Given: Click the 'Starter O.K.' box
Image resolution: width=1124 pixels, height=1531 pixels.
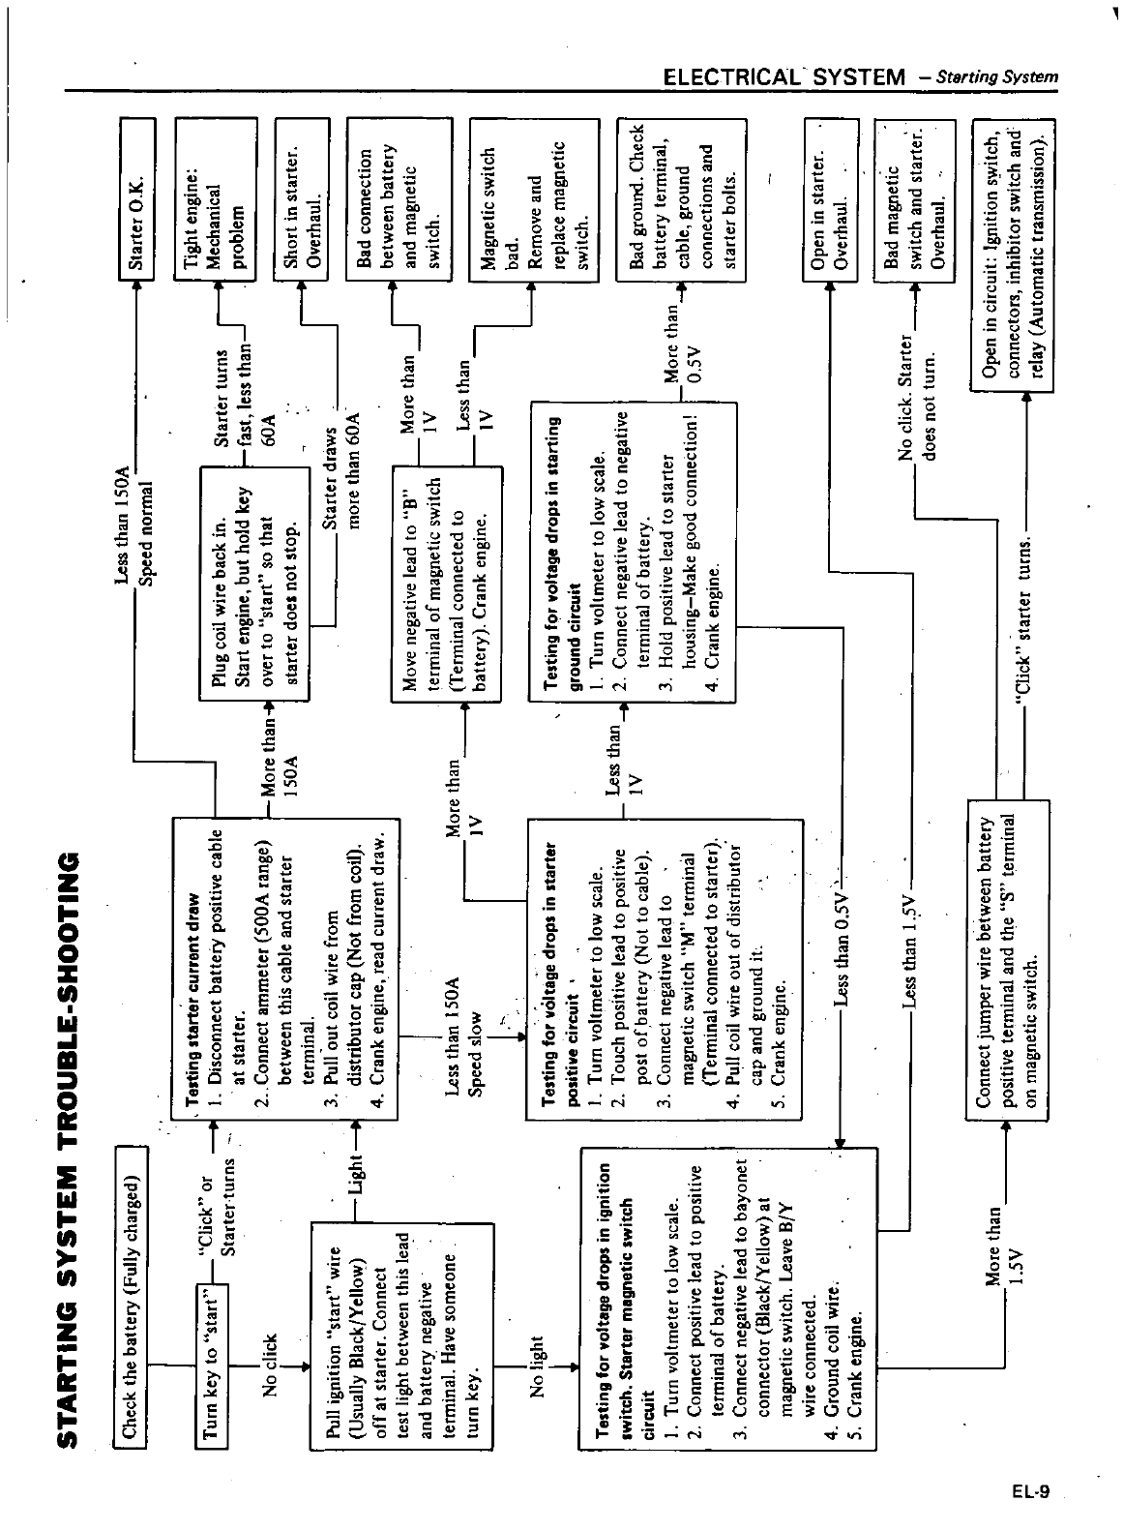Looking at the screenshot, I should tap(135, 199).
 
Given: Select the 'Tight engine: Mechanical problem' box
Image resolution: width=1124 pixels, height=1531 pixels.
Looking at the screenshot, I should tap(215, 199).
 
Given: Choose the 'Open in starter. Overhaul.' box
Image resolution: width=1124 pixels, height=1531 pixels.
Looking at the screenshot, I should tap(829, 199).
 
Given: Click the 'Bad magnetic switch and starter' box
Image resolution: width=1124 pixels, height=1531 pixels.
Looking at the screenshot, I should tap(914, 199).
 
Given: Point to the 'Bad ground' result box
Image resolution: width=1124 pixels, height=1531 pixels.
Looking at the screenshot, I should tap(681, 199).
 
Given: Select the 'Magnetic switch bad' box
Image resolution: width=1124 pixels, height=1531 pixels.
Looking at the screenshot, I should tap(533, 199).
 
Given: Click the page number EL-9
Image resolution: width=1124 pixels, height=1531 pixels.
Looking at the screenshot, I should tap(1031, 1491).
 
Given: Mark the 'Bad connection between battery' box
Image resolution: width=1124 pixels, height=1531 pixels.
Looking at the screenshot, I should tap(399, 199).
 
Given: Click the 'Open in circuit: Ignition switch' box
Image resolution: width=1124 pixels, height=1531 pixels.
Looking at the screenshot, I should tap(1013, 254).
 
